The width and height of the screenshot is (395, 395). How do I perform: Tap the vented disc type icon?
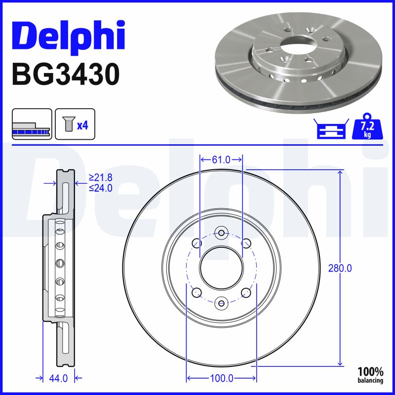32,124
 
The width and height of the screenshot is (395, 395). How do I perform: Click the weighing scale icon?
330,129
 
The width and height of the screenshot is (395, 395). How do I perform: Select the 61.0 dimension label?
221,159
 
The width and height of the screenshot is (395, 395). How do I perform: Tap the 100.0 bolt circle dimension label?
222,378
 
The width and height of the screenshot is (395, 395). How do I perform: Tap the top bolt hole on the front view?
221,233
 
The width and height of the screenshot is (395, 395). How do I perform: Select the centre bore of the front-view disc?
221,268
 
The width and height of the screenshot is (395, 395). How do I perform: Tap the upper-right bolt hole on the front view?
245,243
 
